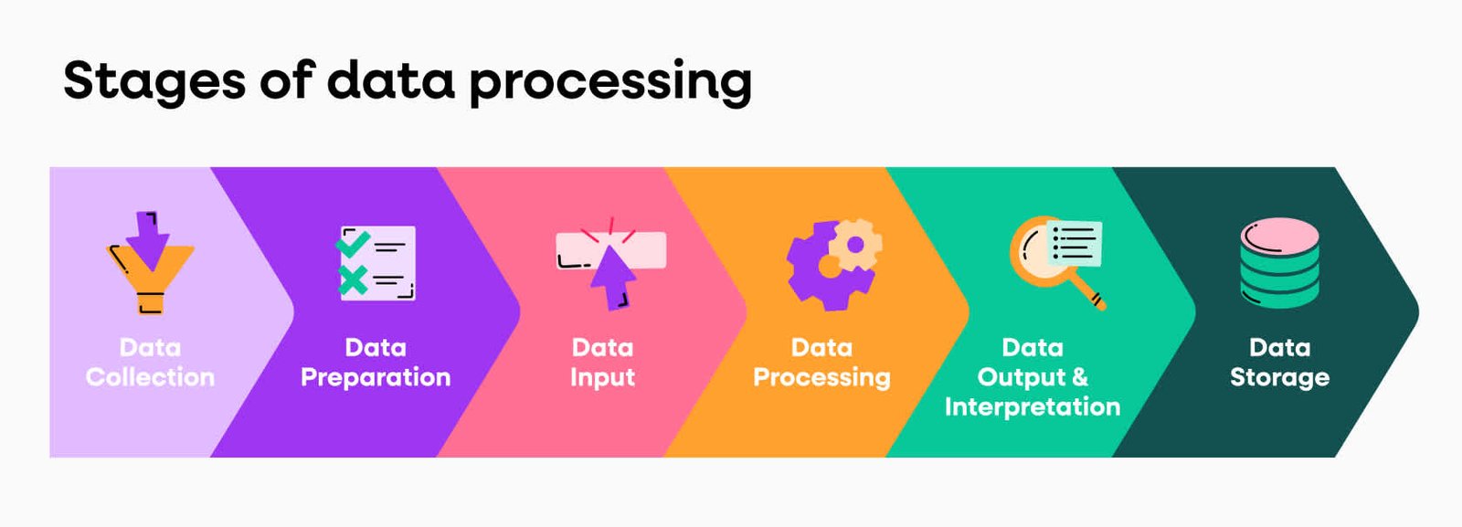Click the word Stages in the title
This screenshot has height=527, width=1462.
[154, 80]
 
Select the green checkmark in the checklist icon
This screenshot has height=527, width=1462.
[353, 243]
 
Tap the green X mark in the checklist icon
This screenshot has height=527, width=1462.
[353, 279]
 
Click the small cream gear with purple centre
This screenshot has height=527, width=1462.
[855, 245]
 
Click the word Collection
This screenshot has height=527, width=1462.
[150, 377]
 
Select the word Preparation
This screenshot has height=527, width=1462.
[376, 377]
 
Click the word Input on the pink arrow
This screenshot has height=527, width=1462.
[602, 377]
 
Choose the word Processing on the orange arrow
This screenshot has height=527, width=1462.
[821, 377]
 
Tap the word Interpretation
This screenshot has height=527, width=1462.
[1033, 406]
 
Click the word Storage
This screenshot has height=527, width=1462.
[1279, 377]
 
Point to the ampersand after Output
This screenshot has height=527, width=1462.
[1079, 377]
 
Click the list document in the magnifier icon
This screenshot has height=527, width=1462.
[1075, 243]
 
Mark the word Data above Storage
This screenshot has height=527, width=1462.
[1279, 347]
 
